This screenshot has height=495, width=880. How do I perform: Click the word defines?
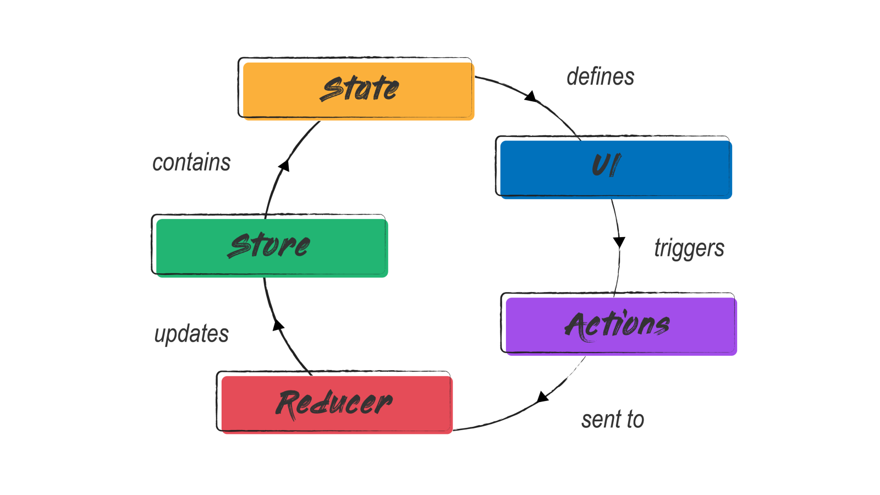coord(600,77)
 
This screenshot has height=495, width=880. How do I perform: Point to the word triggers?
coord(689,249)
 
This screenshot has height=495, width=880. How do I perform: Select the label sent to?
coord(612,420)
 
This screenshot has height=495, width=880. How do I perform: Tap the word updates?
coord(191,334)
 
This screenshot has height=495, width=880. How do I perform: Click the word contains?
coord(191,163)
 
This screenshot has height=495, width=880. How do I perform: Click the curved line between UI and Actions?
coord(619,248)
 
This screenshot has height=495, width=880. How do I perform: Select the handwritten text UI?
coord(606,165)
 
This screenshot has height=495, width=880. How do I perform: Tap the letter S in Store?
coord(240,245)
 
